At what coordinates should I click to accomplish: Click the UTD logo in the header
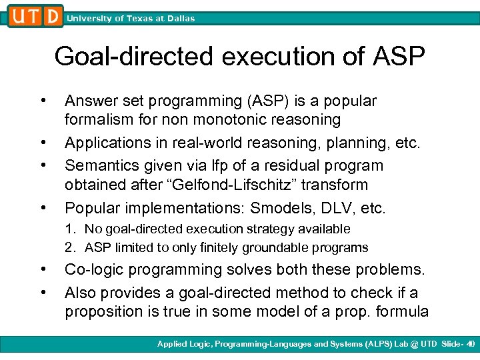(36, 15)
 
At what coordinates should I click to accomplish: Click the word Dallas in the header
(179, 19)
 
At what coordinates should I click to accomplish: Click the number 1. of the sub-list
(69, 229)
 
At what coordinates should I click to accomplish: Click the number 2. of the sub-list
(69, 248)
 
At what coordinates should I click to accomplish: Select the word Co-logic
(93, 269)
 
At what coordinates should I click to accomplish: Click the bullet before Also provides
(42, 292)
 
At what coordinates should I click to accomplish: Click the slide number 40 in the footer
(471, 344)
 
